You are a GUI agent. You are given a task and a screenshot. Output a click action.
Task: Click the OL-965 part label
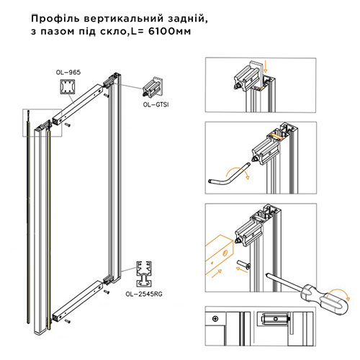(x=68, y=73)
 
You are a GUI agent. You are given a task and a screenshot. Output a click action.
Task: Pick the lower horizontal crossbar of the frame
(x=81, y=302)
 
